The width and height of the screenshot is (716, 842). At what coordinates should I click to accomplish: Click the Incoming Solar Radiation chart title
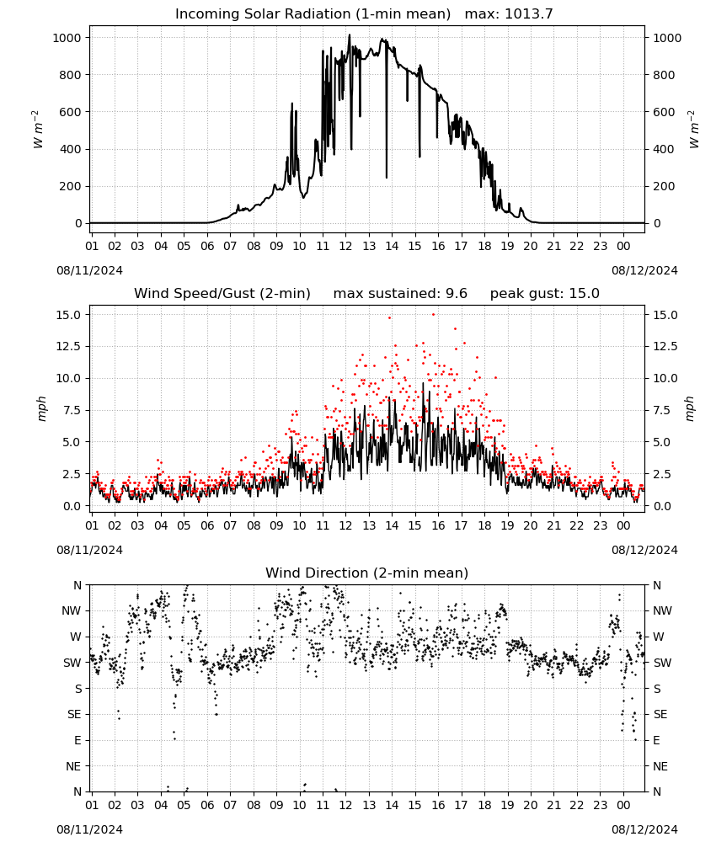point(313,14)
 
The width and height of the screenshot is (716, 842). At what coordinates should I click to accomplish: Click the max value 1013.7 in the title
point(528,14)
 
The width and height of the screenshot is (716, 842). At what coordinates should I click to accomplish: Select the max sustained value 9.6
point(457,294)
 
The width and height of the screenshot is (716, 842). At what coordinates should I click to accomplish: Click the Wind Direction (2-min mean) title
point(367,573)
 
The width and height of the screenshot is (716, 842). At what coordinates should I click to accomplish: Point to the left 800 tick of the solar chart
point(71,75)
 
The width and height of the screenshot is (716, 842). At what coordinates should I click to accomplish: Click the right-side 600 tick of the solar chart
point(664,112)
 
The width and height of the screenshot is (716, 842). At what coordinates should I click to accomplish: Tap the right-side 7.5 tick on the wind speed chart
point(661,410)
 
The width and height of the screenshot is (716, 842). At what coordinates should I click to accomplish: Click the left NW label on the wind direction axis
point(72,611)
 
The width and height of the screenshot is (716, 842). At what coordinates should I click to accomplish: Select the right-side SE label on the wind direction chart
point(660,715)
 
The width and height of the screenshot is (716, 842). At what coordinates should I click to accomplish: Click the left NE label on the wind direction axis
point(73,766)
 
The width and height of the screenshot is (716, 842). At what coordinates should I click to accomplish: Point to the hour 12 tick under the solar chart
point(345,247)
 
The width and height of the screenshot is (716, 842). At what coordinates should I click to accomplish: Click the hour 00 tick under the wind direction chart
point(623,806)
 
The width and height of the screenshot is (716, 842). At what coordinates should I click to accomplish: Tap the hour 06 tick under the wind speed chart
point(207,525)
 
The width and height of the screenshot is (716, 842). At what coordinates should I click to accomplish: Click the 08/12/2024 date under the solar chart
point(644,270)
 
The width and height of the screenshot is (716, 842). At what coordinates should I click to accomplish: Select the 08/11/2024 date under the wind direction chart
point(89,829)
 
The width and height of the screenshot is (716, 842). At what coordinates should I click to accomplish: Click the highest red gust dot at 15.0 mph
point(434,314)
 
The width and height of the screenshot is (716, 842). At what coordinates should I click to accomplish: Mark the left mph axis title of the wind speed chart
point(42,408)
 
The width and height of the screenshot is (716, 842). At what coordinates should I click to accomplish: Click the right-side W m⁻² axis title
point(693,129)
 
